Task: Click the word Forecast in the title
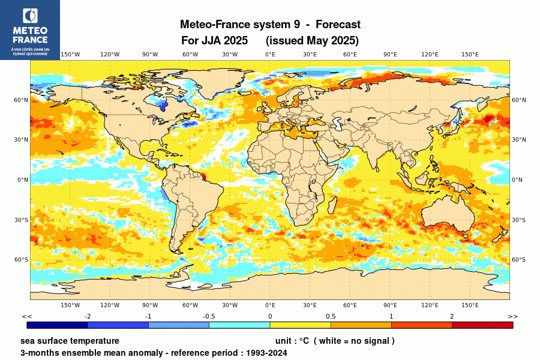tap(338, 25)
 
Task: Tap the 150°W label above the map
tap(70, 55)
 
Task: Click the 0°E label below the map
tap(270, 305)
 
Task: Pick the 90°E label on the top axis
tap(390, 55)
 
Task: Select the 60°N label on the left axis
tap(22, 100)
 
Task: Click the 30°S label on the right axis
tap(518, 220)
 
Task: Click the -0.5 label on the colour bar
tap(209, 316)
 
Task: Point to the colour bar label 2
tap(452, 316)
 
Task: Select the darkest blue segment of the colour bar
tap(58, 325)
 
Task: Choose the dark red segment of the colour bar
tap(482, 325)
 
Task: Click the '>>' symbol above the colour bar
tap(512, 316)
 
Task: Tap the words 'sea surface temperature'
tap(70, 341)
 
